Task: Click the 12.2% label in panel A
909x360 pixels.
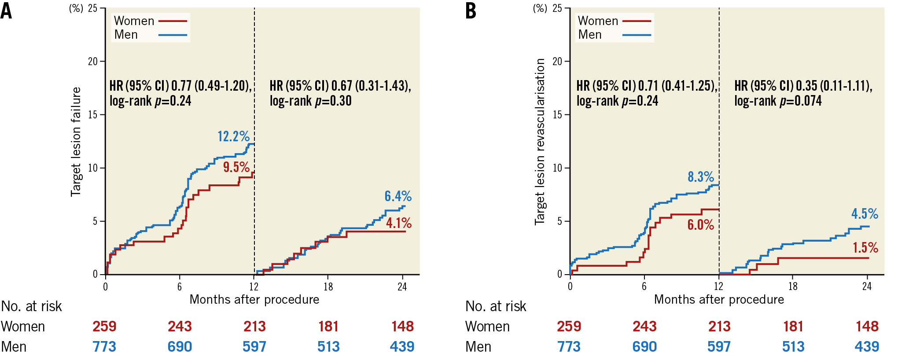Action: [233, 136]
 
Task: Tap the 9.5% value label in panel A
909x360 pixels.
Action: [236, 167]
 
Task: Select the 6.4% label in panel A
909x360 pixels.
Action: [398, 196]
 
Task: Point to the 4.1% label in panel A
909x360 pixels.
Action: [399, 223]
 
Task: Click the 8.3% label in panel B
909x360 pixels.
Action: [701, 177]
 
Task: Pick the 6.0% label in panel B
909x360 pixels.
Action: [701, 225]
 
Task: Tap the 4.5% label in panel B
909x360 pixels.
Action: [865, 214]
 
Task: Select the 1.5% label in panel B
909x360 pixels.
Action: [865, 248]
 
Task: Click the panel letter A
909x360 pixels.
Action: [6, 11]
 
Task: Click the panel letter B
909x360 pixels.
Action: [471, 11]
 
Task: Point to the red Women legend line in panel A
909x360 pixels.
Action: [173, 21]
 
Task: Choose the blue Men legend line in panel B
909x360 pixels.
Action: [637, 35]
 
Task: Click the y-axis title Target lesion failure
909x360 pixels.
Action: [76, 142]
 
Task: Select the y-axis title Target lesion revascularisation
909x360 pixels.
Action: [540, 142]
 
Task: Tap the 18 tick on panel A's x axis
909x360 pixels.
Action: [328, 287]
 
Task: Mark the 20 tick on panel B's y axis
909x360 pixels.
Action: [557, 62]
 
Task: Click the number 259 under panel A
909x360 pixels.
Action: [104, 327]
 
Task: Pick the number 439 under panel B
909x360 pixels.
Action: [867, 347]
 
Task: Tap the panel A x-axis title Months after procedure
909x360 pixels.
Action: [254, 300]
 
